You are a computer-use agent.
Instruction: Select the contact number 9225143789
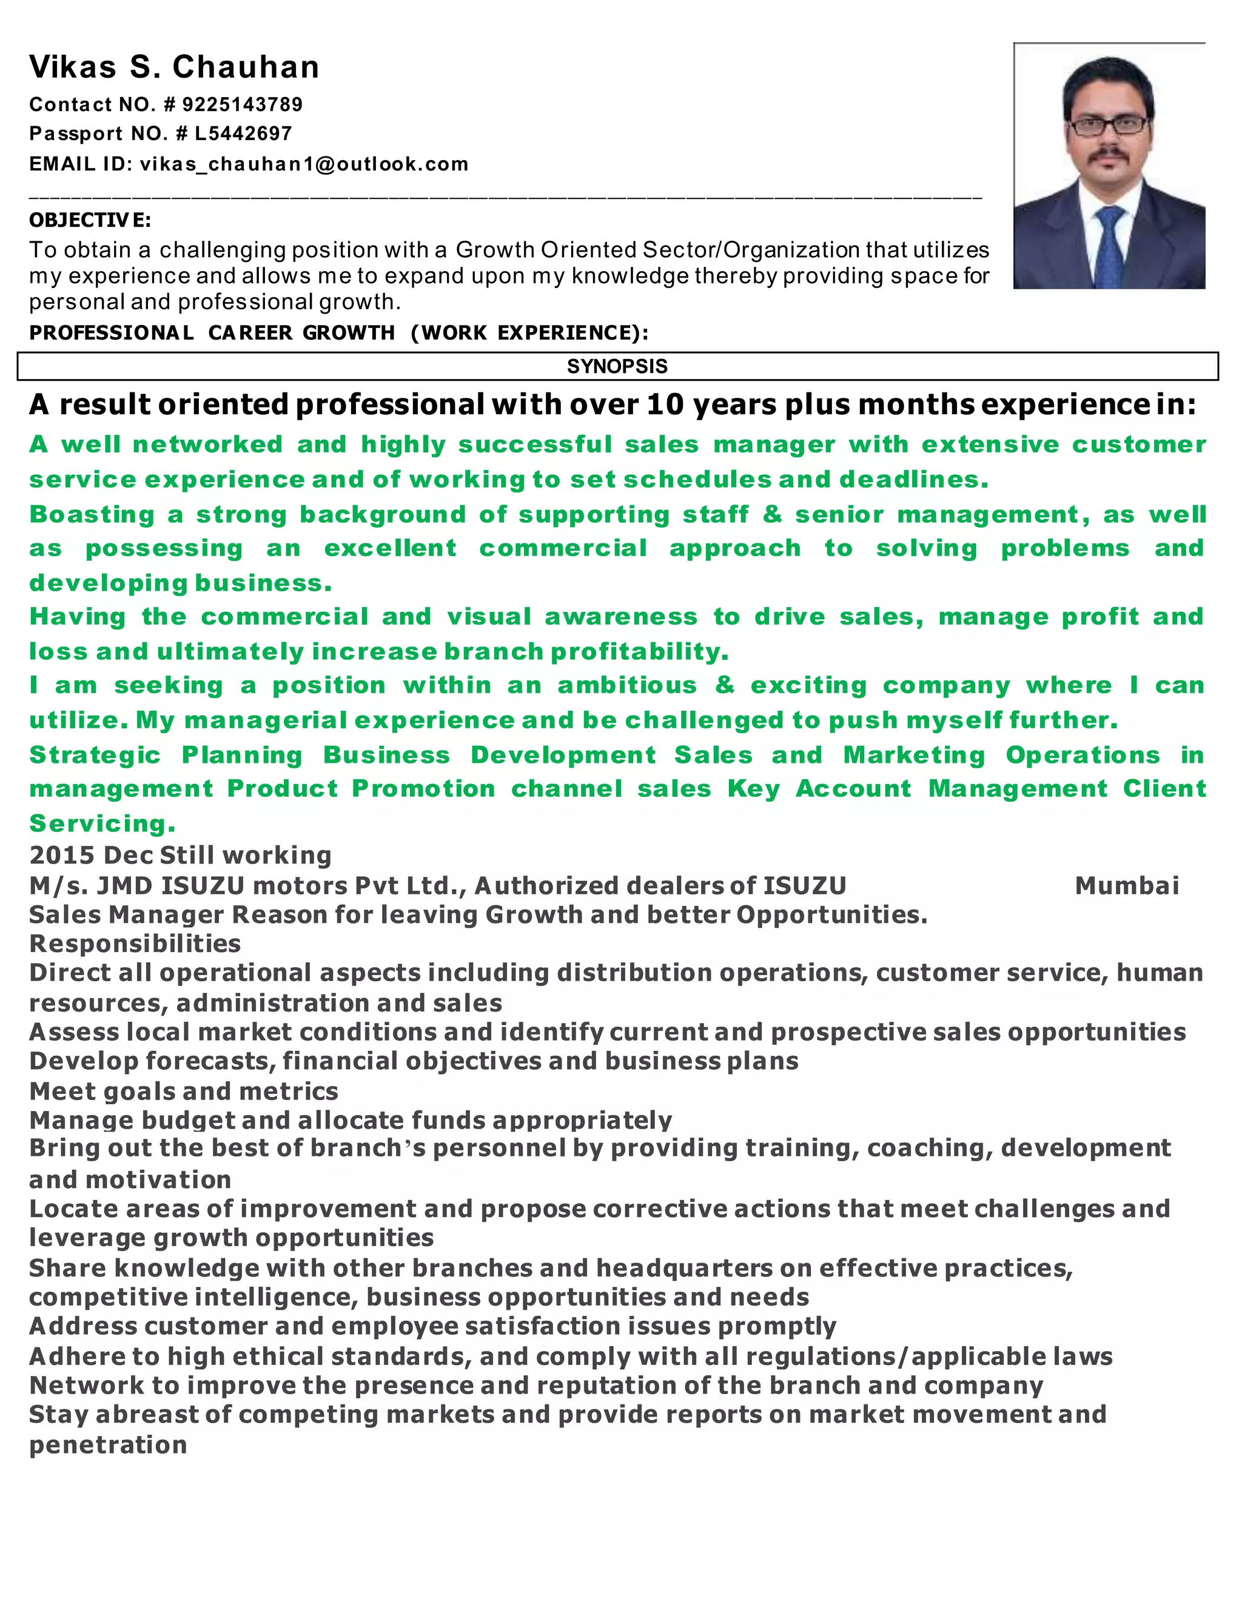click(242, 104)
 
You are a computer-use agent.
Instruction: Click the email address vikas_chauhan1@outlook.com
click(304, 164)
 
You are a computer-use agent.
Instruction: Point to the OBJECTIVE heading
click(90, 220)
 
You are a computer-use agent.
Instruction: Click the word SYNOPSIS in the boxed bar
click(617, 366)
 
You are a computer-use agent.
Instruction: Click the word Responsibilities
click(135, 944)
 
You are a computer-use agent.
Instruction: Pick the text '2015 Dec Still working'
click(180, 855)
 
